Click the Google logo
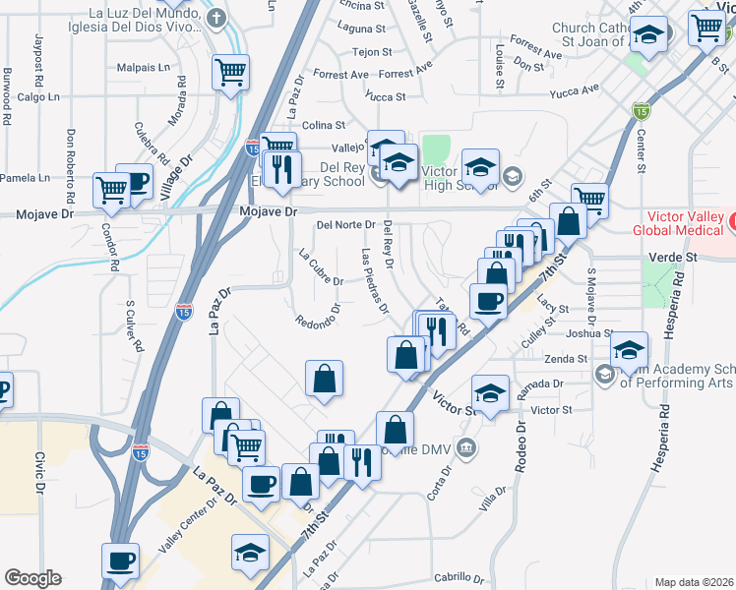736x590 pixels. click(32, 578)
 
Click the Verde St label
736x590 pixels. click(673, 257)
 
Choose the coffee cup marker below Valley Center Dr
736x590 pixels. click(121, 560)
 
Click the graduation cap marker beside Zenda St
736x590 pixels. click(629, 349)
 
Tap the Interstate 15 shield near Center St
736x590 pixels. click(642, 111)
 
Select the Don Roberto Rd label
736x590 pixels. click(71, 156)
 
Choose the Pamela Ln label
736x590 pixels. click(25, 178)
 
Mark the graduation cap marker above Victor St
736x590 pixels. click(490, 393)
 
